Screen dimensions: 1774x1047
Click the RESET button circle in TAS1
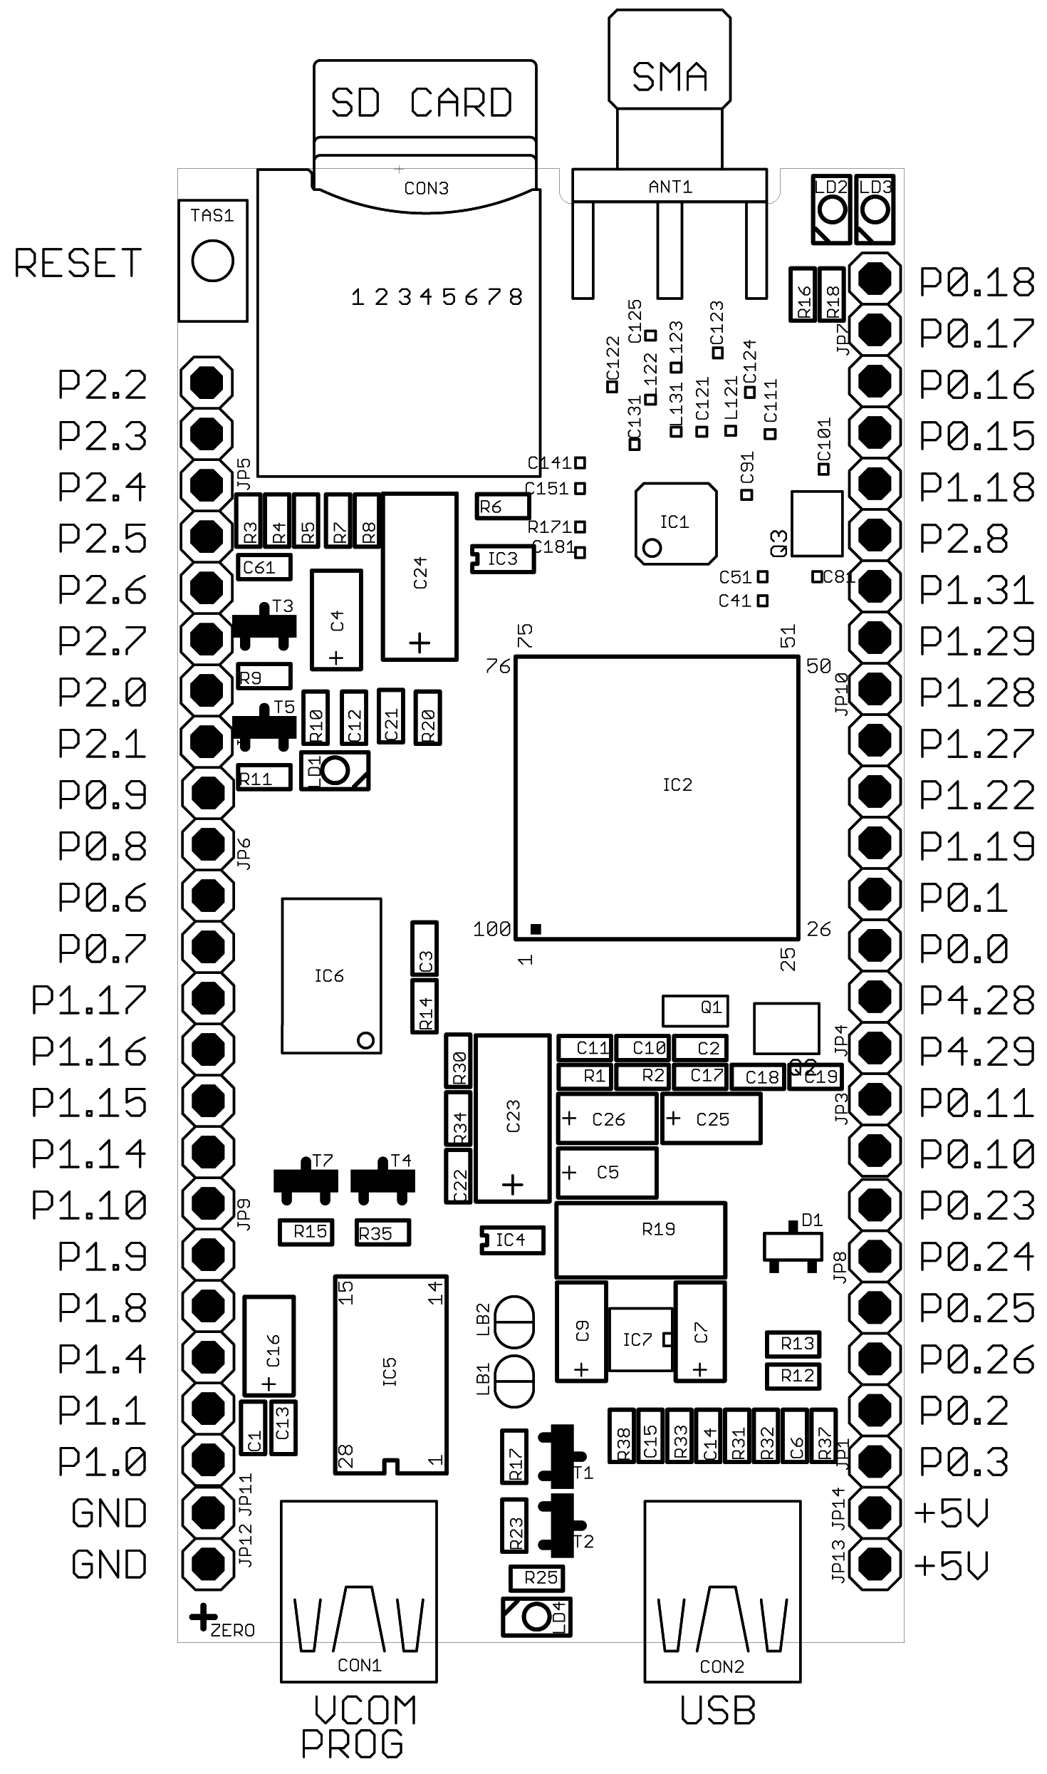pyautogui.click(x=212, y=261)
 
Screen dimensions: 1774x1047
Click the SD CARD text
pyautogui.click(x=422, y=103)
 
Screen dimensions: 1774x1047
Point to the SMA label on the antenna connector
pyautogui.click(x=670, y=77)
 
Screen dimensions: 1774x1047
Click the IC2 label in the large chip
pyautogui.click(x=677, y=784)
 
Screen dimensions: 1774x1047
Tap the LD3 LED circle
pyautogui.click(x=875, y=210)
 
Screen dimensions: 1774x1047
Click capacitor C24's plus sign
pyautogui.click(x=420, y=643)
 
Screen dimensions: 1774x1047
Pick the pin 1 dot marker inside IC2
pyautogui.click(x=536, y=928)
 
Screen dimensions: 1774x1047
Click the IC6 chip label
pyautogui.click(x=329, y=975)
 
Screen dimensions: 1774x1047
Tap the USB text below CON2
pyautogui.click(x=718, y=1711)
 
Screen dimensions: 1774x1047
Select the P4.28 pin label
pyautogui.click(x=976, y=1000)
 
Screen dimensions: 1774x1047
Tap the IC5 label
pyautogui.click(x=390, y=1371)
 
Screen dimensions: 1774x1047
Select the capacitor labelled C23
pyautogui.click(x=513, y=1117)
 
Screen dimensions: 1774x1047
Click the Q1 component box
pyautogui.click(x=695, y=1008)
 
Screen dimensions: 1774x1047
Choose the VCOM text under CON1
pyautogui.click(x=366, y=1710)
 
